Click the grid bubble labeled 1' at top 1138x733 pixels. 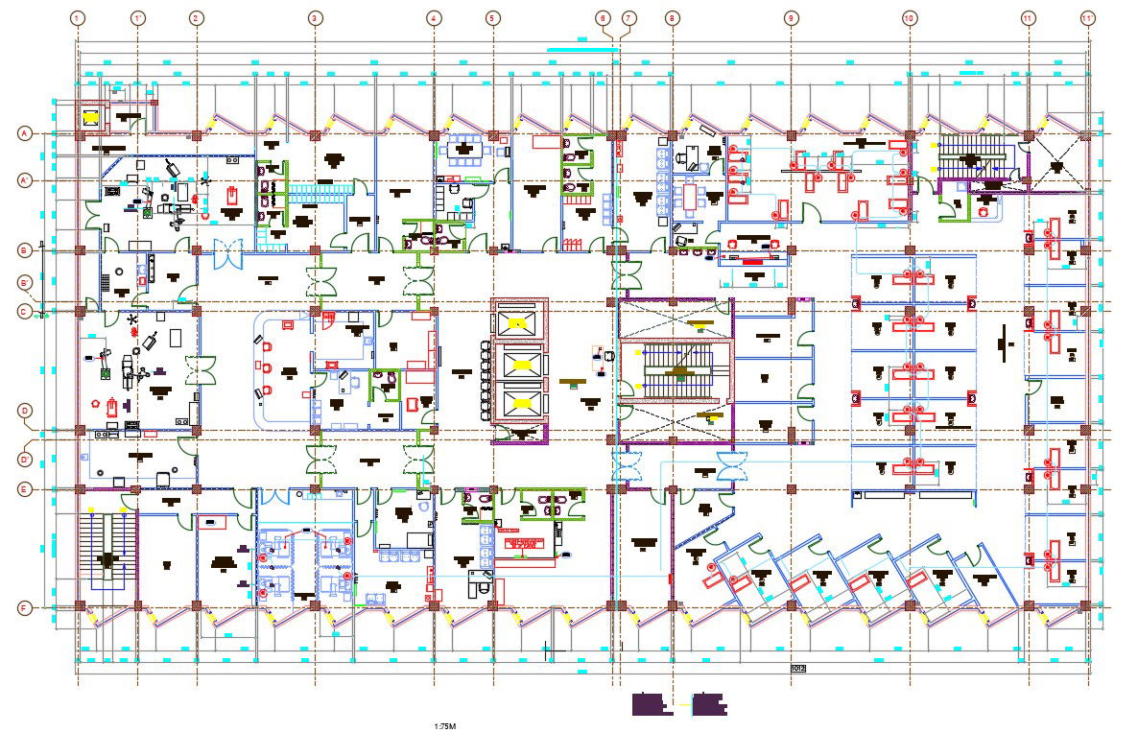tap(137, 18)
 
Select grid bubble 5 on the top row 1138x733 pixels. tap(492, 18)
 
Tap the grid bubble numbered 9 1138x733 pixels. tap(791, 18)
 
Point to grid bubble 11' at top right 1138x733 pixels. tap(1087, 18)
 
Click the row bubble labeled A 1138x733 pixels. tap(25, 133)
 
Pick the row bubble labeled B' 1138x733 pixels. tap(25, 282)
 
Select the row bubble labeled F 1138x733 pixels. tap(25, 607)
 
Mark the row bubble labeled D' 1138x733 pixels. tap(25, 459)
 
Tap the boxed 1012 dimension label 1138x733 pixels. tap(797, 668)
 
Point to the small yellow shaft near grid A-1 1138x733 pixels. tap(91, 118)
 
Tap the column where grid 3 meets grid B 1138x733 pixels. tap(314, 251)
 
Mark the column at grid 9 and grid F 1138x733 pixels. tap(791, 606)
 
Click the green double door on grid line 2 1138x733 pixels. tap(203, 369)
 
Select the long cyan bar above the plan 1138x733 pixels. tap(581, 48)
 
